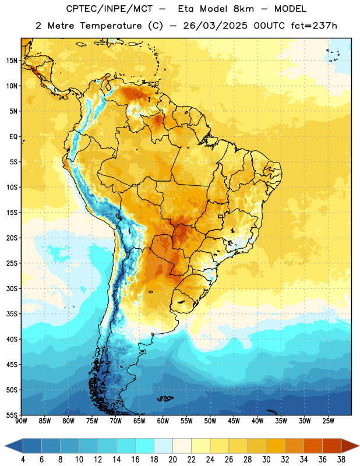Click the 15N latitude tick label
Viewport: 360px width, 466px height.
click(x=12, y=61)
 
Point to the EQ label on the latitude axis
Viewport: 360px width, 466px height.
click(x=13, y=137)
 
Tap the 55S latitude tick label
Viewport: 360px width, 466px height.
click(x=12, y=415)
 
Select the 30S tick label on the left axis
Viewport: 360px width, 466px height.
click(x=12, y=288)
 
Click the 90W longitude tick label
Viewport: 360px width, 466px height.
click(x=21, y=421)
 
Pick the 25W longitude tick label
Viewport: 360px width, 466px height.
click(x=328, y=421)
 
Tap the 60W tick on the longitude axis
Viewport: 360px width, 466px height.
click(x=163, y=421)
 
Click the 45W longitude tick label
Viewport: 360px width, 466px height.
click(x=234, y=421)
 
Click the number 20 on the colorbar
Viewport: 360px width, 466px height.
click(x=172, y=460)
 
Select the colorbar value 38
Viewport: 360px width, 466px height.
click(x=341, y=460)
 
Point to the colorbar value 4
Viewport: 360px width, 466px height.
click(x=23, y=460)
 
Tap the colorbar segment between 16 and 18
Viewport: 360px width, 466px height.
click(x=145, y=446)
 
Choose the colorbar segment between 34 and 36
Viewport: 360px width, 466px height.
click(x=313, y=446)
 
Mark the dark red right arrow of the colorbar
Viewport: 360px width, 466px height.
click(x=350, y=446)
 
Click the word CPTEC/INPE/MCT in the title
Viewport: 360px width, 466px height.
click(x=109, y=9)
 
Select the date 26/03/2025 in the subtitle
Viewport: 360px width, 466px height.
click(x=215, y=26)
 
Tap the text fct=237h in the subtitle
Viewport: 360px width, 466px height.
click(x=314, y=26)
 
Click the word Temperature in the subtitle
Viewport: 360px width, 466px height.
click(x=111, y=26)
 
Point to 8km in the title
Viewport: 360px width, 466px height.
click(x=243, y=9)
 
